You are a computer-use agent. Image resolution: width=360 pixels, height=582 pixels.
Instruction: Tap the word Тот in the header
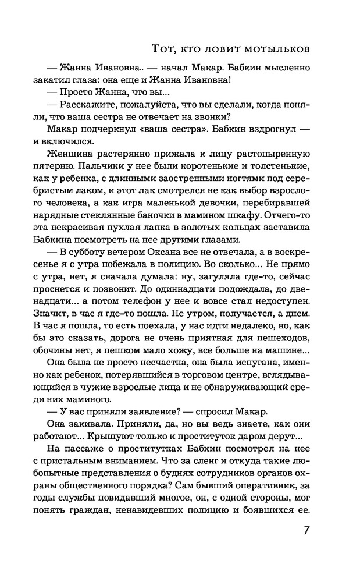point(161,48)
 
